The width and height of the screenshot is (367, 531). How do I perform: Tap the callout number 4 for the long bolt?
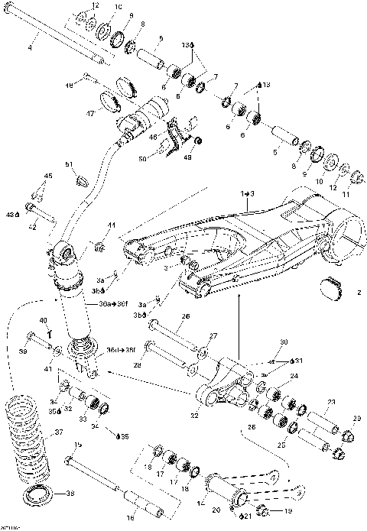(x=30, y=47)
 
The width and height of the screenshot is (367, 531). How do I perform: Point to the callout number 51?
(x=68, y=164)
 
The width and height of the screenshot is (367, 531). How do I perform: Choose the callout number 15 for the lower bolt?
(x=77, y=445)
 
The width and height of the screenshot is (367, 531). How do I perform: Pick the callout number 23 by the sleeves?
(x=331, y=402)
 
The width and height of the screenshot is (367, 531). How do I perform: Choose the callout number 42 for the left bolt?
(x=32, y=225)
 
